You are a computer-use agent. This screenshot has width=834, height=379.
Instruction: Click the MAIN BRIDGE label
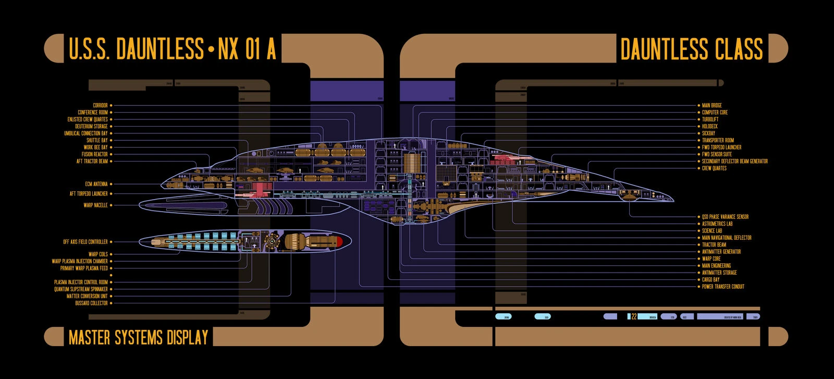point(712,105)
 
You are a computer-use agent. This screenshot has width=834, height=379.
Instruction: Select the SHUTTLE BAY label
point(97,140)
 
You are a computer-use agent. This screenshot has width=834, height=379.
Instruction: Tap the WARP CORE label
point(711,259)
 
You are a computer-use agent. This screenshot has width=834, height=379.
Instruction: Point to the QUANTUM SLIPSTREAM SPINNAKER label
point(81,289)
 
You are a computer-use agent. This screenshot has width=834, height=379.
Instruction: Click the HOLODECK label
point(709,126)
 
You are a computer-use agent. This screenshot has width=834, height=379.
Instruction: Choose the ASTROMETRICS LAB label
point(717,224)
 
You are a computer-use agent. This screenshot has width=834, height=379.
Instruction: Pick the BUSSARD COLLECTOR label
point(91,303)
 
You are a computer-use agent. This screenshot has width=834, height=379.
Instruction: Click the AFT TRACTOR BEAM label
point(92,161)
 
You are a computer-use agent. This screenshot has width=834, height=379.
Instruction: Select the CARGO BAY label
point(710,279)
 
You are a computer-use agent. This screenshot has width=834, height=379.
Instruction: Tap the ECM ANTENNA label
point(96,184)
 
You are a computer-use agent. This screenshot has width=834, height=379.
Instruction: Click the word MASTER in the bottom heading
point(90,337)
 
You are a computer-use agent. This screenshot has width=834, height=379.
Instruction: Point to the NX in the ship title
point(228,49)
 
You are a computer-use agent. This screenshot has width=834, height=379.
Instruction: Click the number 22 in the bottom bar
point(634,316)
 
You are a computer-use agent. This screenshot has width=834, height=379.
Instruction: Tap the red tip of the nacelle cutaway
point(338,241)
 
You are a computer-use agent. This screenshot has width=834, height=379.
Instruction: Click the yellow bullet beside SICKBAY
point(698,133)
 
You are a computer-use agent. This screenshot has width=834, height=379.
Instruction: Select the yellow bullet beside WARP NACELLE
point(111,205)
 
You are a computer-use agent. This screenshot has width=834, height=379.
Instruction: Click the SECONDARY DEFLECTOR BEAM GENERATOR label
point(734,161)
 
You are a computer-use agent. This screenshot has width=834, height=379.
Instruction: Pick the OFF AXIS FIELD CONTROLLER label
point(85,242)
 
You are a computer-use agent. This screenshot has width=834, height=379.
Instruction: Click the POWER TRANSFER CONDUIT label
point(723,286)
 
